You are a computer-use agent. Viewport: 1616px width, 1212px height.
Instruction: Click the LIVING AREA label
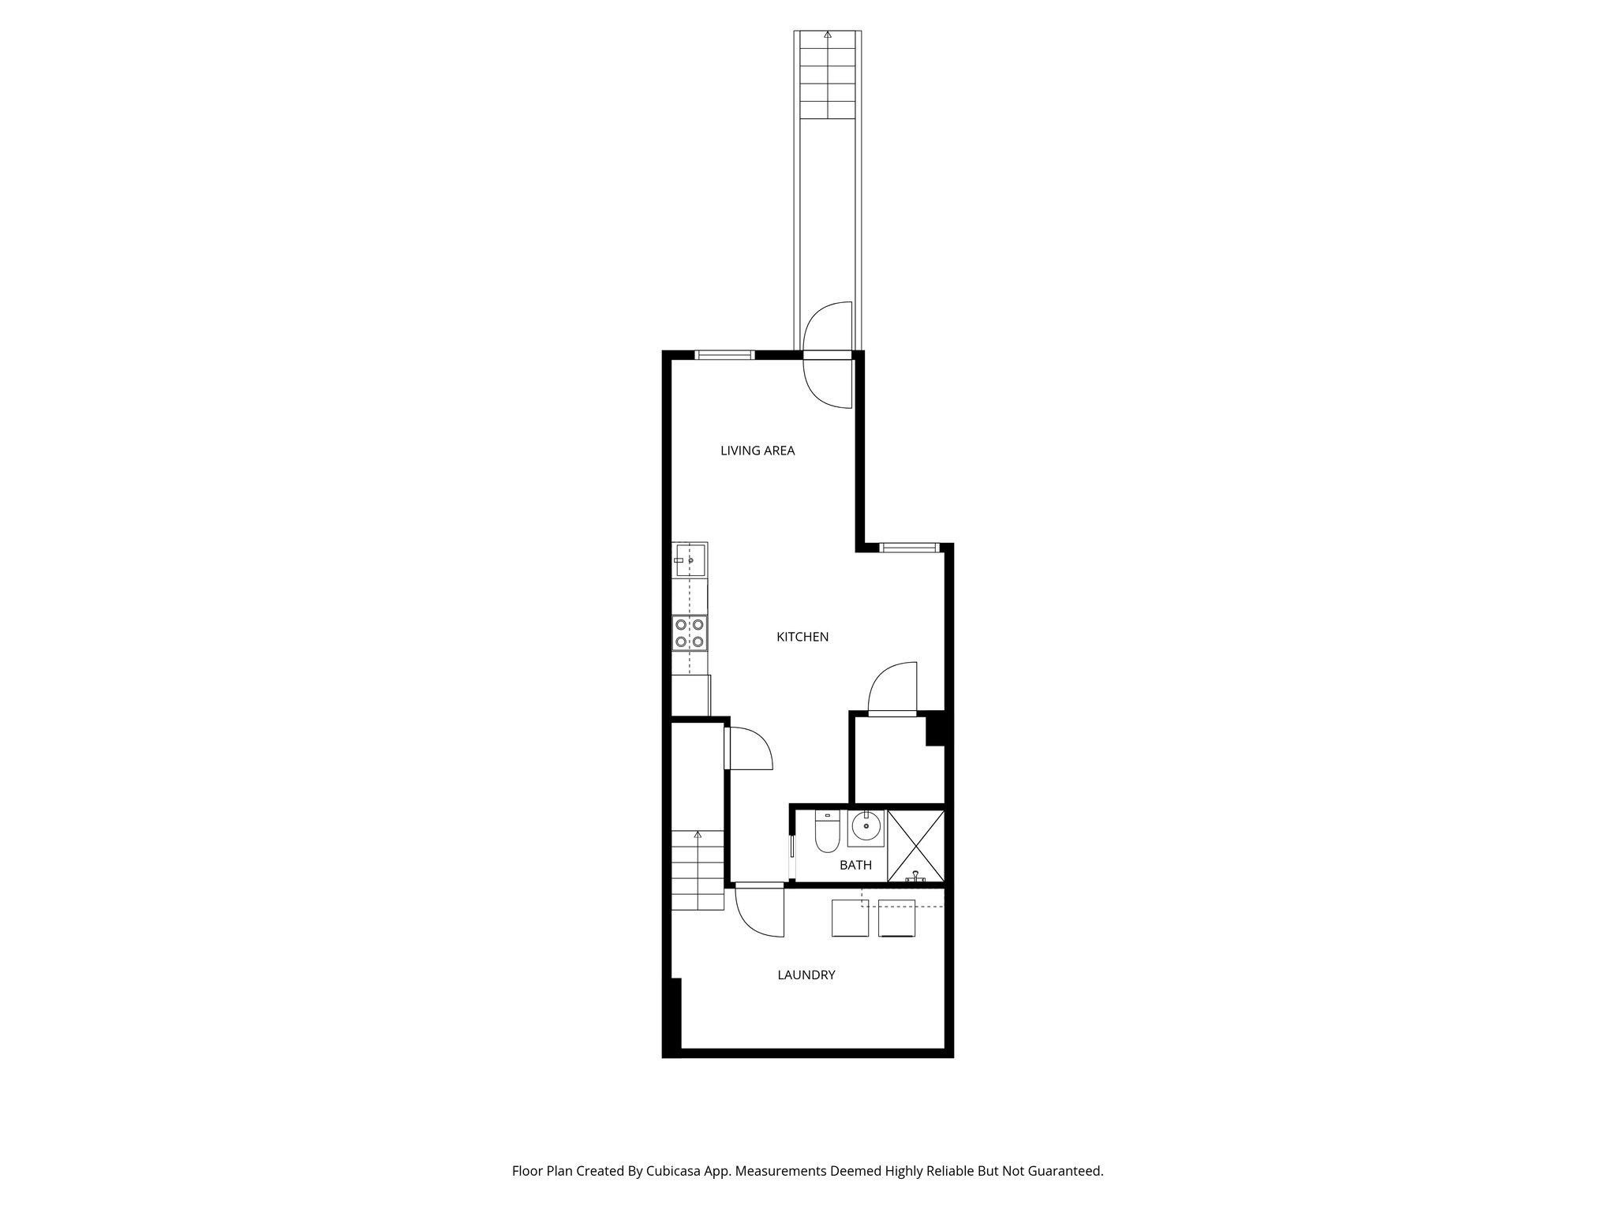pos(757,451)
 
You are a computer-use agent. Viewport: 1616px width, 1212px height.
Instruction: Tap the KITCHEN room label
pos(802,637)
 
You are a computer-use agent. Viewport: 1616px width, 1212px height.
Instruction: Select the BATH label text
pos(855,866)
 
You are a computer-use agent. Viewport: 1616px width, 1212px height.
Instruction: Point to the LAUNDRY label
pos(806,974)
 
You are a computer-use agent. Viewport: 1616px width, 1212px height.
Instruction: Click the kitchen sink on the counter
pos(690,559)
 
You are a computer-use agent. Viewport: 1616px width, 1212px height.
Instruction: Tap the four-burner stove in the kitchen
pos(689,634)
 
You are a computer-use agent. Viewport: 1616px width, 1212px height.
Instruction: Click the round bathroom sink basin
pos(866,828)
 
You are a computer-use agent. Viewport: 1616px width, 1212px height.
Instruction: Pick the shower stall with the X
pos(915,845)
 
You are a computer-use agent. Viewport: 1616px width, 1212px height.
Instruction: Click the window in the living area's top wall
pos(724,355)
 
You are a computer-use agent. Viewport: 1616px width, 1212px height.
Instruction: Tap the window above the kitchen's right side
pos(909,548)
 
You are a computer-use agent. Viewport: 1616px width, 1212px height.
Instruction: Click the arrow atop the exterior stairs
pos(827,35)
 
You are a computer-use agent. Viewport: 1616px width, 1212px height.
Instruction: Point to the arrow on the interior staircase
pos(698,834)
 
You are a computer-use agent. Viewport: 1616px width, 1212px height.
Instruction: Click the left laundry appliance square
pos(850,918)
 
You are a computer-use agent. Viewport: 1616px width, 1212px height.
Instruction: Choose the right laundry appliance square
pos(896,918)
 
